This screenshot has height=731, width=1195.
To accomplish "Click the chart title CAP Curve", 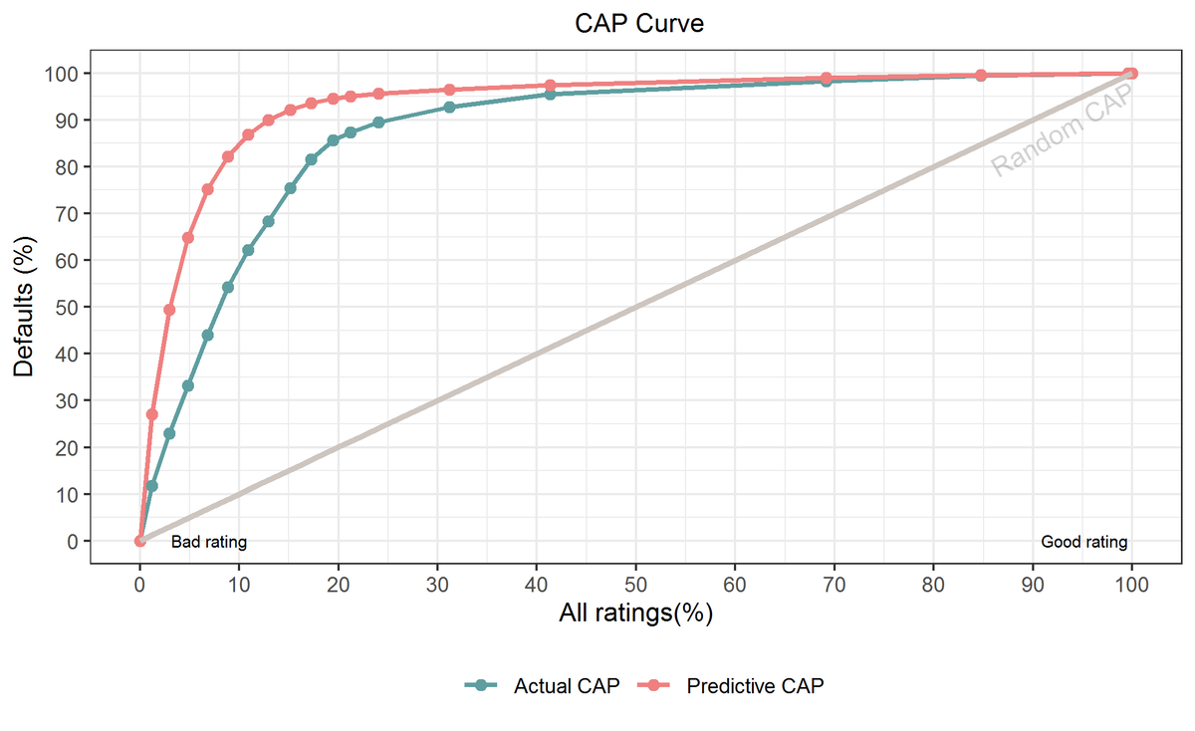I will pyautogui.click(x=638, y=23).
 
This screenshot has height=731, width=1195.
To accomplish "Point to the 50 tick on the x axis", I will pyautogui.click(x=636, y=585).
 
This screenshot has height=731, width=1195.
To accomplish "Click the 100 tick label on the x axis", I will pyautogui.click(x=1131, y=585).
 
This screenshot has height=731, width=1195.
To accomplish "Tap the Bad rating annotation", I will pyautogui.click(x=209, y=543).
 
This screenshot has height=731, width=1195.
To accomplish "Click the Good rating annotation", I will pyautogui.click(x=1083, y=543).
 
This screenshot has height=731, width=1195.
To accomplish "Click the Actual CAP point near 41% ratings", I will pyautogui.click(x=550, y=94).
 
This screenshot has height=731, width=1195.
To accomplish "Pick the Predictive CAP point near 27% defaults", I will pyautogui.click(x=151, y=414).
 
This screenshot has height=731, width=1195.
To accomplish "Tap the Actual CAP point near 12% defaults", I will pyautogui.click(x=151, y=486).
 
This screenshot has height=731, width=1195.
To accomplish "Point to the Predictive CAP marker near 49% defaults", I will pyautogui.click(x=169, y=310).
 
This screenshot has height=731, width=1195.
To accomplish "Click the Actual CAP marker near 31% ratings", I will pyautogui.click(x=449, y=107).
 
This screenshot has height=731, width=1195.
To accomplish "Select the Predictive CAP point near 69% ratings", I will pyautogui.click(x=826, y=78).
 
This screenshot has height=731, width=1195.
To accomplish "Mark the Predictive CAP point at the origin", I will pyautogui.click(x=139, y=541).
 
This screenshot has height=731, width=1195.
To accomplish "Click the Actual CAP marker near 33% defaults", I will pyautogui.click(x=187, y=385).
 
